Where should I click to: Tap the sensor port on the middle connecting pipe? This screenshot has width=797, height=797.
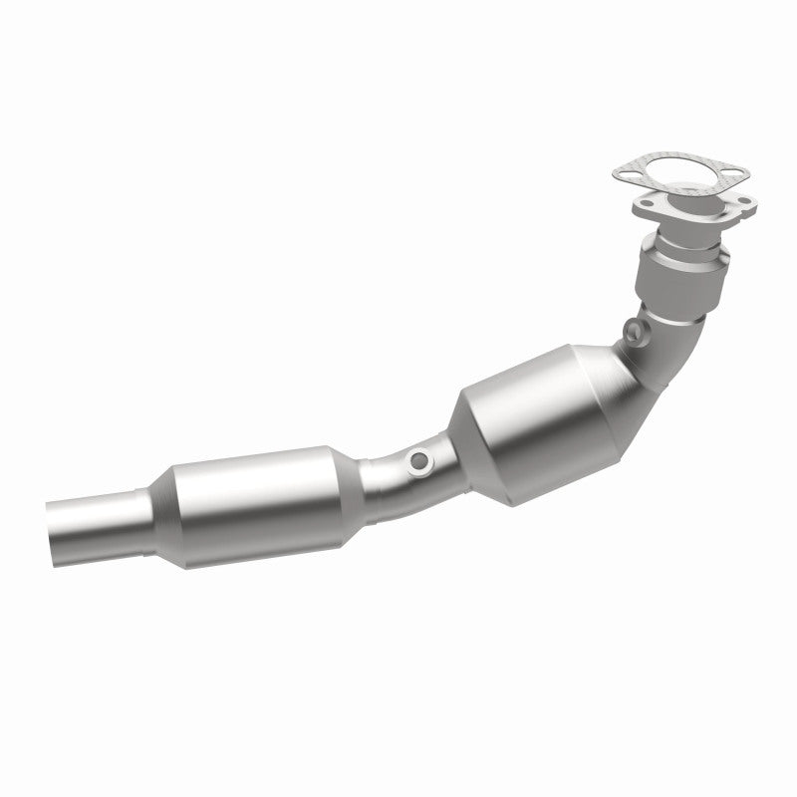coord(421,460)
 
